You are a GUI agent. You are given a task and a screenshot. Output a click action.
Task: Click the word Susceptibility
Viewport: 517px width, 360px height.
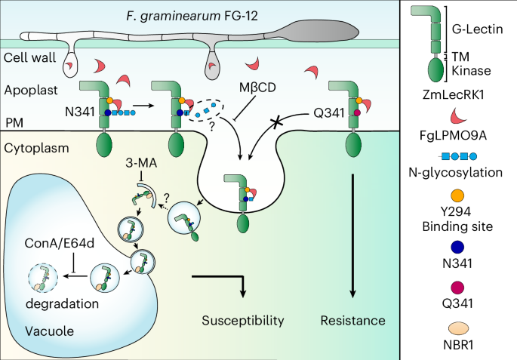243,321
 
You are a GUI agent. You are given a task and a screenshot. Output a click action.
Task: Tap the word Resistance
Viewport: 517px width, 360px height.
353,321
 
